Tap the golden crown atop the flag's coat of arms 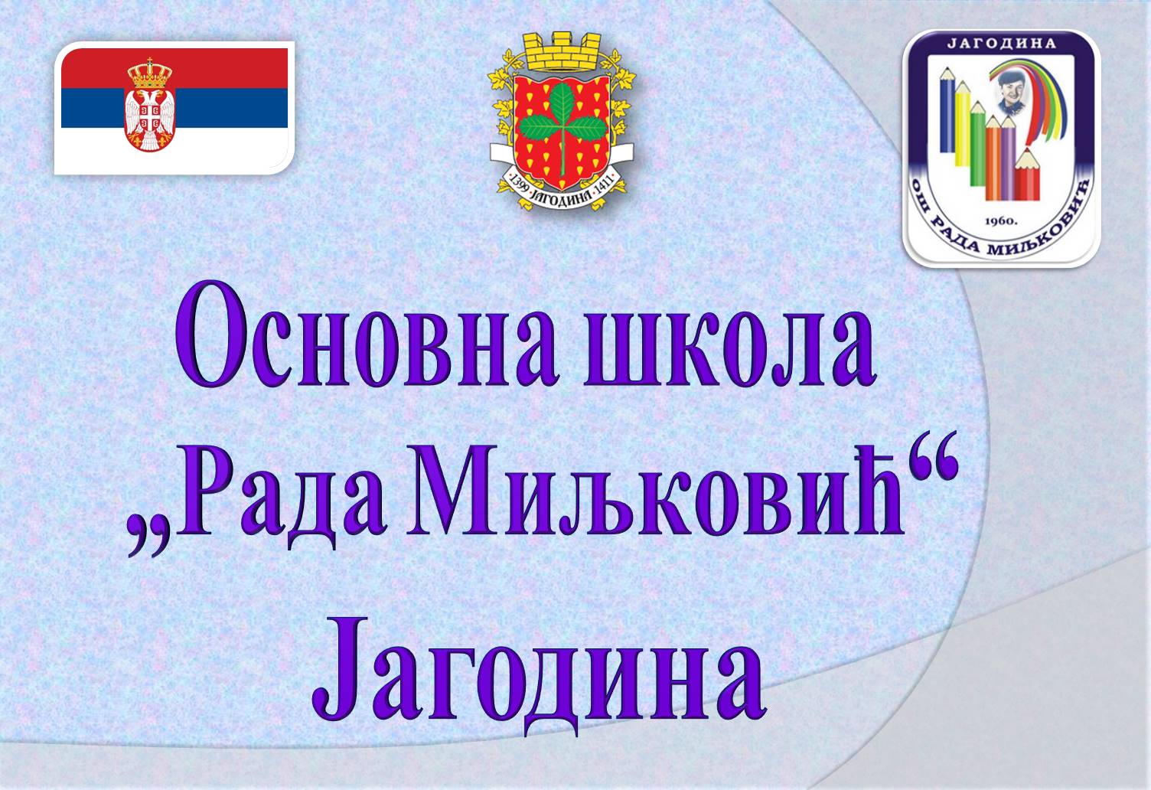(x=149, y=73)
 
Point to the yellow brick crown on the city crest (x=563, y=51)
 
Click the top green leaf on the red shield (x=562, y=103)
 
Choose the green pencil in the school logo (x=978, y=143)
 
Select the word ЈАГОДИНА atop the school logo (x=1002, y=43)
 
